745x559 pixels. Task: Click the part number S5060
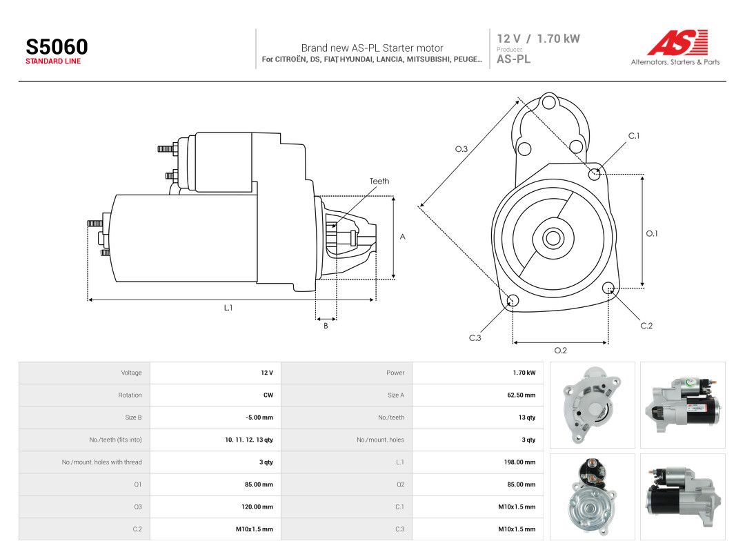pyautogui.click(x=57, y=47)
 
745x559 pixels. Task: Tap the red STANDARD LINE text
pyautogui.click(x=53, y=61)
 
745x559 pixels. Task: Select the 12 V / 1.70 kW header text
pyautogui.click(x=538, y=39)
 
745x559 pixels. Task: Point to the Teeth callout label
pyautogui.click(x=379, y=181)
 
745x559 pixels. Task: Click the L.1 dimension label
pyautogui.click(x=228, y=308)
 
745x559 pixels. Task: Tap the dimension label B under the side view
pyautogui.click(x=326, y=326)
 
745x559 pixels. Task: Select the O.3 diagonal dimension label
pyautogui.click(x=461, y=149)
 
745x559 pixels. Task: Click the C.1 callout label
pyautogui.click(x=634, y=136)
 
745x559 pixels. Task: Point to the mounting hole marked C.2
pyautogui.click(x=608, y=288)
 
